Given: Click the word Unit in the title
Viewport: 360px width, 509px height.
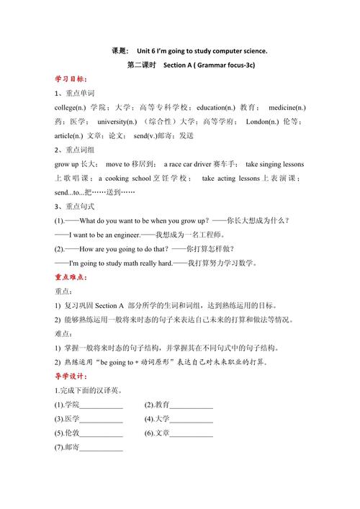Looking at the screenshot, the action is [x=148, y=51].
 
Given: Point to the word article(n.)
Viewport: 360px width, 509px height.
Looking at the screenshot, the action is [x=68, y=135].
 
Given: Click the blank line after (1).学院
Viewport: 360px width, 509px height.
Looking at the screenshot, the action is [x=102, y=407].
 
